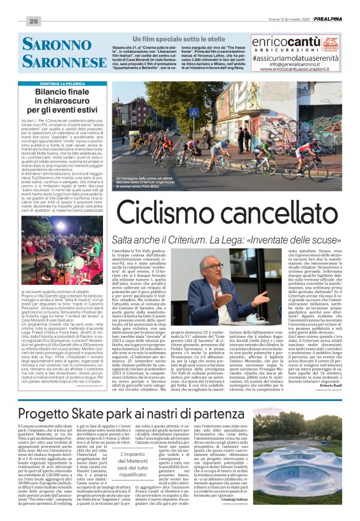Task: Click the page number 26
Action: click(x=34, y=22)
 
